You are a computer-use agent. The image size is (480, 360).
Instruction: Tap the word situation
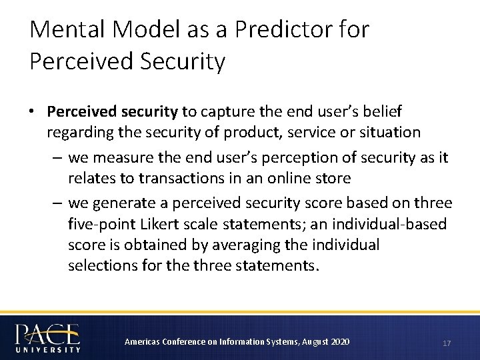(391, 132)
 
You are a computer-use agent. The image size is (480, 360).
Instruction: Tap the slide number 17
(446, 343)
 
